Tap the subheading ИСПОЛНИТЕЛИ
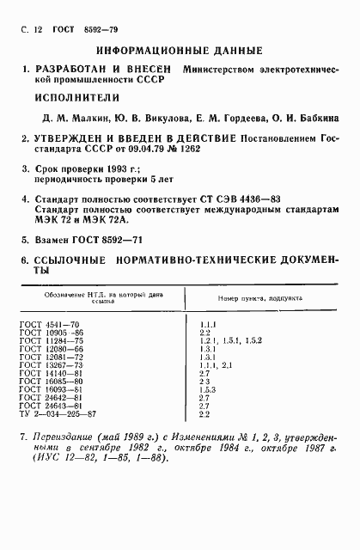coord(71,96)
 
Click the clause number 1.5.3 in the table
coord(207,389)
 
